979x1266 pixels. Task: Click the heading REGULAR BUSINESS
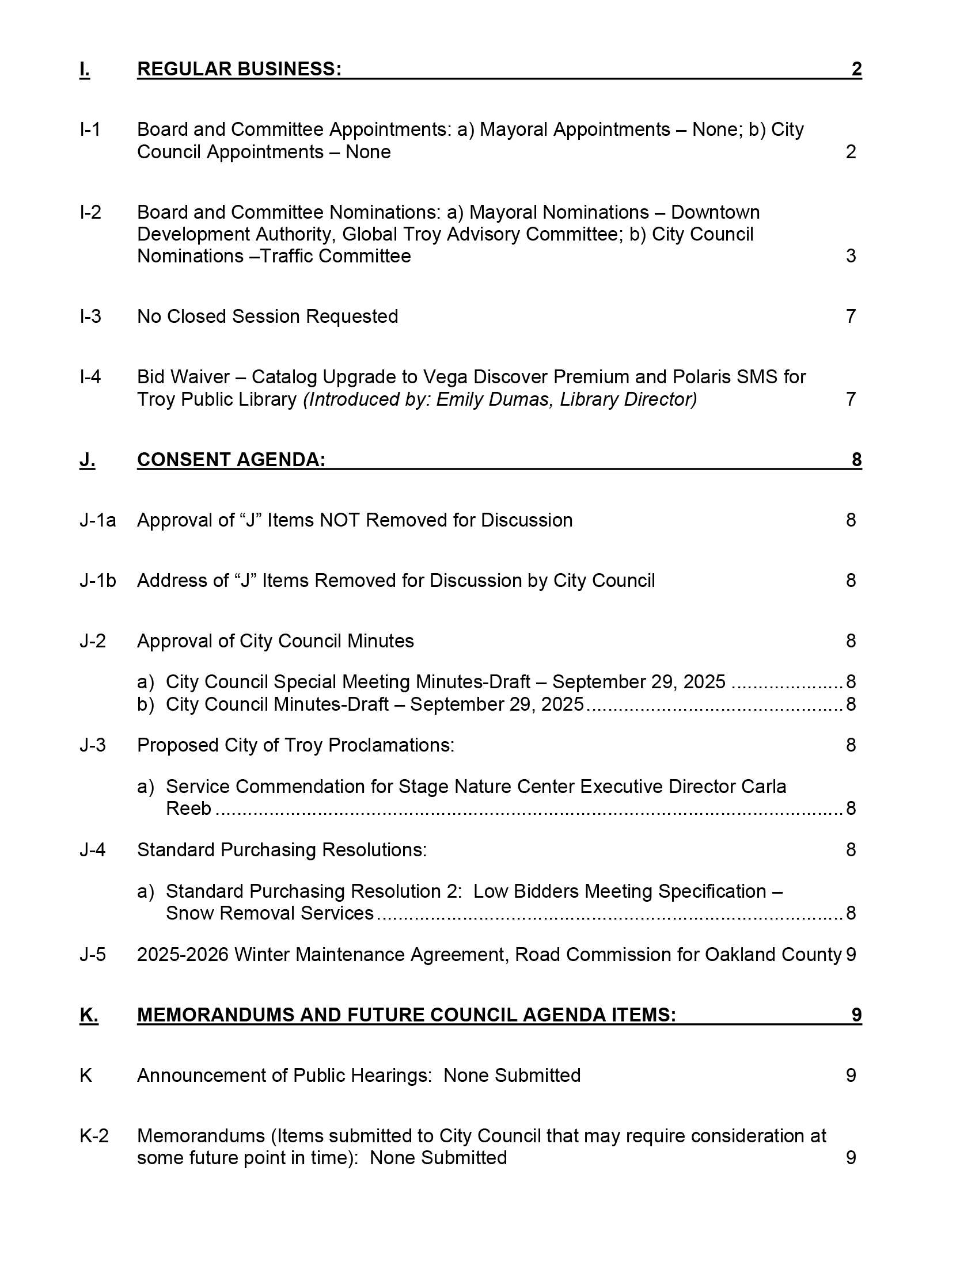pyautogui.click(x=239, y=69)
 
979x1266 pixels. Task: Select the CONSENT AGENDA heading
pyautogui.click(x=231, y=460)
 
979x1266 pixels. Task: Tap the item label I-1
pyautogui.click(x=90, y=129)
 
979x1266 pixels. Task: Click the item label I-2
pyautogui.click(x=90, y=213)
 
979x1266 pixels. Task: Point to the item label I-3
pyautogui.click(x=90, y=316)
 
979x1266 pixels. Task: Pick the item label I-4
pyautogui.click(x=90, y=377)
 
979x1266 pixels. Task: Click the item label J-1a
pyautogui.click(x=97, y=521)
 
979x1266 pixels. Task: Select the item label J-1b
pyautogui.click(x=97, y=581)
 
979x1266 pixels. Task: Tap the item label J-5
pyautogui.click(x=93, y=955)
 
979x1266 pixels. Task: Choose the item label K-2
pyautogui.click(x=94, y=1135)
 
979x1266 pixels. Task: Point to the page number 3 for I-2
pyautogui.click(x=850, y=256)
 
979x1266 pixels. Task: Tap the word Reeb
pyautogui.click(x=188, y=809)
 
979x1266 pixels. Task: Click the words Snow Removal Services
pyautogui.click(x=270, y=914)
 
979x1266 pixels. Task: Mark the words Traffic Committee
pyautogui.click(x=336, y=256)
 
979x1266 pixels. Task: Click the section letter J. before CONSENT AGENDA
pyautogui.click(x=87, y=460)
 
